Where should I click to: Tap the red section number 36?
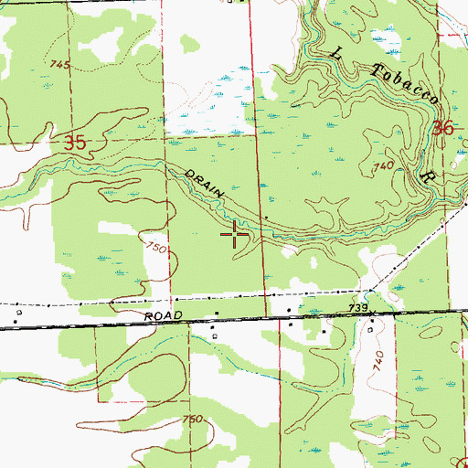[444, 129]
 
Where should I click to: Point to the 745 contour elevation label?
[61, 65]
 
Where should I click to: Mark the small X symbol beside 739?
[368, 295]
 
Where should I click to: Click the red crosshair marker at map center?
[235, 235]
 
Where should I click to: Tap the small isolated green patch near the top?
[190, 42]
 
